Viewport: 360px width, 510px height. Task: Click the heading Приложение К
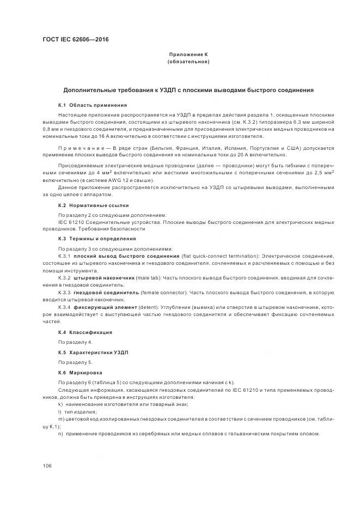[x=188, y=54]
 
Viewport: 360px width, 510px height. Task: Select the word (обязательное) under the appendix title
[x=188, y=62]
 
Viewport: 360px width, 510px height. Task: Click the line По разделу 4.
[x=75, y=342]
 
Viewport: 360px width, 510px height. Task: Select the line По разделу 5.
[x=75, y=362]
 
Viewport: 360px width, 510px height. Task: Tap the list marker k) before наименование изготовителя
[x=60, y=404]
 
